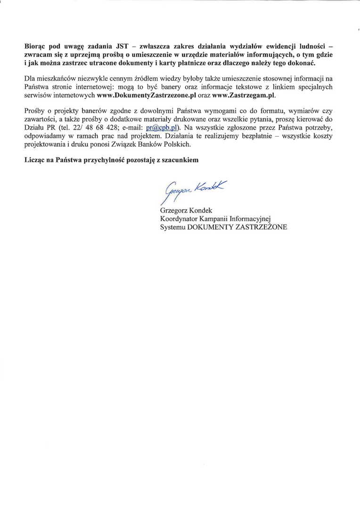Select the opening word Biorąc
(x=36, y=47)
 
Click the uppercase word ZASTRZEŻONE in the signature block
(x=261, y=227)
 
